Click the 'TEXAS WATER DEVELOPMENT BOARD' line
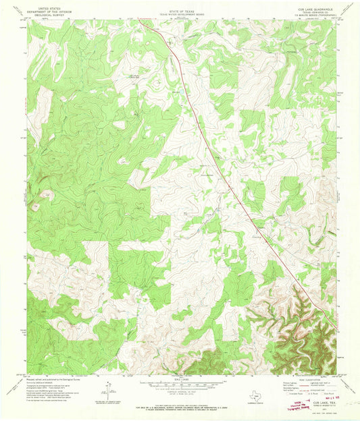point(180,12)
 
